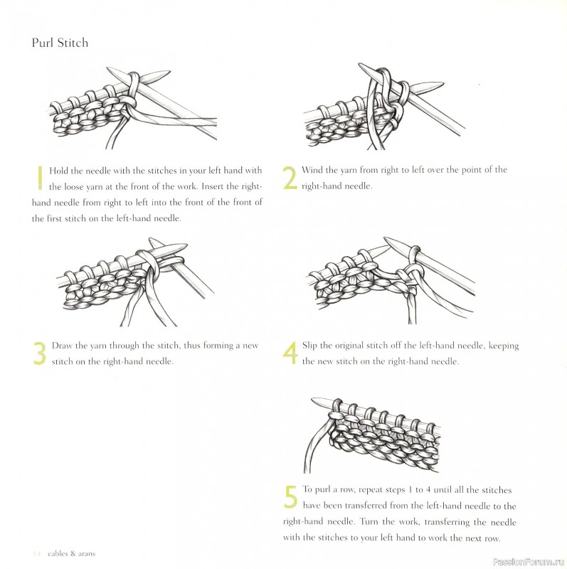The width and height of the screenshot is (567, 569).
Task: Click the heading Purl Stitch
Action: coord(60,43)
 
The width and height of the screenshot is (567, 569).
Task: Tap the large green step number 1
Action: coord(40,178)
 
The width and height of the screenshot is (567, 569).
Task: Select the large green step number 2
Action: coord(290,178)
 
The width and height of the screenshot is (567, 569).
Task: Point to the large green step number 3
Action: coord(40,353)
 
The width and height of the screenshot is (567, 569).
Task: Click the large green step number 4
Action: coord(290,353)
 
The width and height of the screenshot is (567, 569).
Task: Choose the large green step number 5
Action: coord(290,497)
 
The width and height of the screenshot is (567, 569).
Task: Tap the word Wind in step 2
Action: coord(312,170)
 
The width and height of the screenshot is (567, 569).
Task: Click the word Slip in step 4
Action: coord(310,346)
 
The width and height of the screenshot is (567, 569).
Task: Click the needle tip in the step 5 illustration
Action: coord(317,403)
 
